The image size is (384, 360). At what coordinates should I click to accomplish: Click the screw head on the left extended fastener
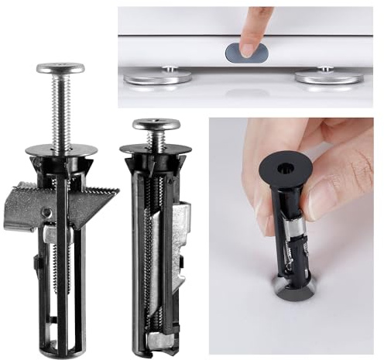click(60, 68)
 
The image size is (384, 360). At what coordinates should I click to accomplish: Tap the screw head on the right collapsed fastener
click(156, 124)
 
